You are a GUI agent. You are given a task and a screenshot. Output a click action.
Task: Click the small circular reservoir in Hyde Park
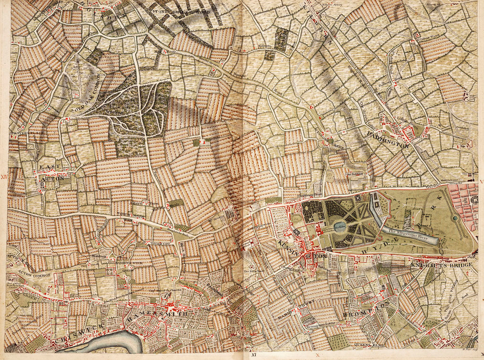[455, 218]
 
